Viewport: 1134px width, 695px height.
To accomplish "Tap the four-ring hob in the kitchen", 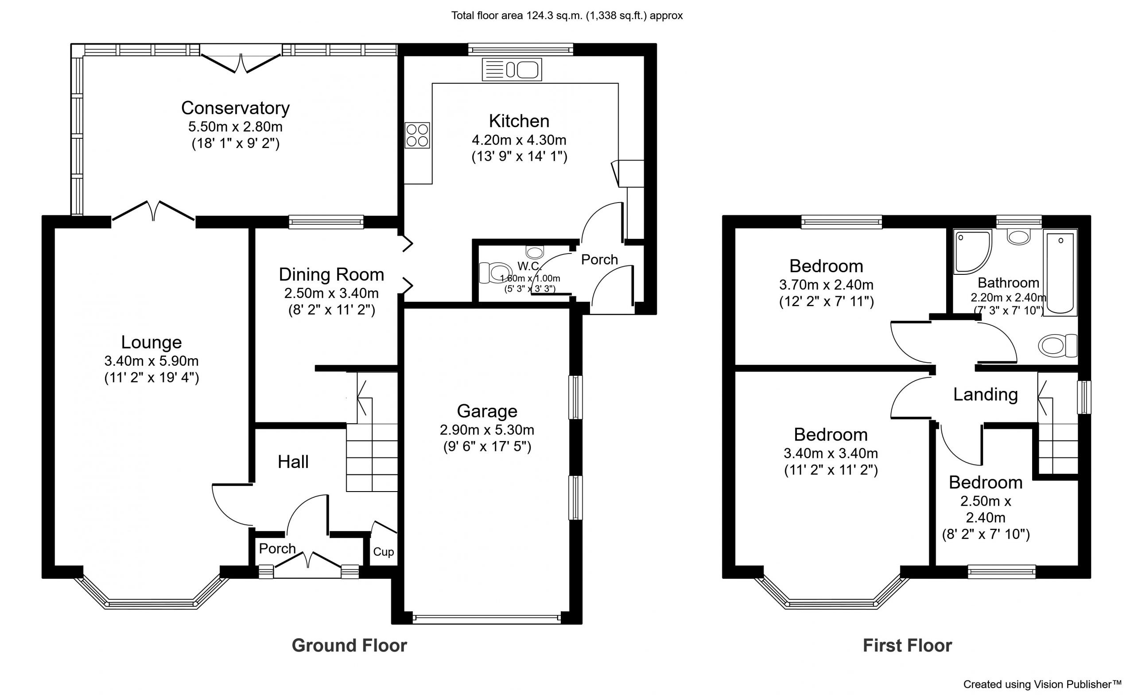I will click(x=417, y=135).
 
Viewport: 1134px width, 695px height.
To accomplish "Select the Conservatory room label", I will click(x=235, y=108).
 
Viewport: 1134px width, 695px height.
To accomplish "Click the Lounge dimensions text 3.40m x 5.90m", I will click(x=151, y=361).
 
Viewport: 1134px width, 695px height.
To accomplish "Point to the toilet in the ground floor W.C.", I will click(x=495, y=272).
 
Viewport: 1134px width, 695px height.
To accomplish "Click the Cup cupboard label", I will click(x=383, y=552).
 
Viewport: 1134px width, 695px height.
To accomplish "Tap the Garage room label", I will click(x=487, y=411).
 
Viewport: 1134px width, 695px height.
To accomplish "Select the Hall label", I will click(x=293, y=462).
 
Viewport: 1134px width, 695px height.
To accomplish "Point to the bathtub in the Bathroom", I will click(x=1060, y=274).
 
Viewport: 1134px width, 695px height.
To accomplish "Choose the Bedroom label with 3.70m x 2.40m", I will click(x=826, y=266).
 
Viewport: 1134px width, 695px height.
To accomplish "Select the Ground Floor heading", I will click(x=350, y=646).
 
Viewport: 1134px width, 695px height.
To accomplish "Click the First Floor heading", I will click(x=907, y=646).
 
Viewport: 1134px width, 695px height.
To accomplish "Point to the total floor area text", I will click(x=567, y=16).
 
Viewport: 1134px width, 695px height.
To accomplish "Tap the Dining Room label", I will click(x=331, y=274).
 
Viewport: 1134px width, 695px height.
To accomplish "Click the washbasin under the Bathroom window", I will click(x=1018, y=238).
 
